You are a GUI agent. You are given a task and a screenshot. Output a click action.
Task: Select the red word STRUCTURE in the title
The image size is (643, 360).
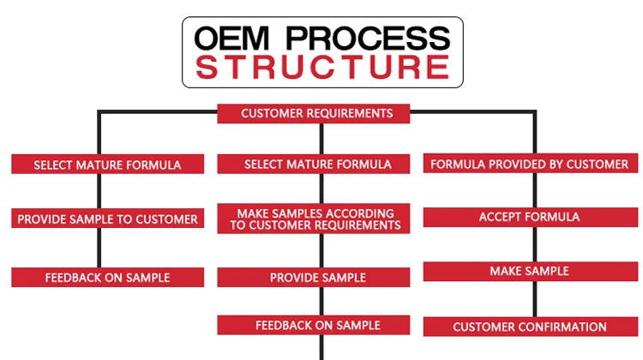coord(322,67)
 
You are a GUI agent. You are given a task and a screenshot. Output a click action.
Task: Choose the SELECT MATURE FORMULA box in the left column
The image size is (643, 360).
coord(108,165)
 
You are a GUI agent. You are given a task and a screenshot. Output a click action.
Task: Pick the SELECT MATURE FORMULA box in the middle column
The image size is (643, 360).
coord(318,165)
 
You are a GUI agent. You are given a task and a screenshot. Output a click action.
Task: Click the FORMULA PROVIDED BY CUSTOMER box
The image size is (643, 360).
coord(530,165)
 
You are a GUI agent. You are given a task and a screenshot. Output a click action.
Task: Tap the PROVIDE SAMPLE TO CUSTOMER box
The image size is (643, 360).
coord(108,219)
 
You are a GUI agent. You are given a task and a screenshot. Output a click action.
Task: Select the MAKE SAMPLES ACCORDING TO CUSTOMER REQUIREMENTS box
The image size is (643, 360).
coord(318,219)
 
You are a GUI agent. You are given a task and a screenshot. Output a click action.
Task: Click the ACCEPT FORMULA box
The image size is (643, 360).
coord(530,218)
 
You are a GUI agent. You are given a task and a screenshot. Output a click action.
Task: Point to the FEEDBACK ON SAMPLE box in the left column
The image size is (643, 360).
coord(108,278)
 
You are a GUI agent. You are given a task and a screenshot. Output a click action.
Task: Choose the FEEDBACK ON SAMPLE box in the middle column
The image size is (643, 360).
coord(318,326)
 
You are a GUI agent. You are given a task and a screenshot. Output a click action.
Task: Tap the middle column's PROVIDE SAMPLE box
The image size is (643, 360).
coord(318,278)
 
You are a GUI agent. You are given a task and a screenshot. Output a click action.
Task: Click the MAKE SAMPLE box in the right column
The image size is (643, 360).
coord(530,272)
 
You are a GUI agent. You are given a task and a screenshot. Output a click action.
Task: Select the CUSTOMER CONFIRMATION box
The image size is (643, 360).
coord(530,327)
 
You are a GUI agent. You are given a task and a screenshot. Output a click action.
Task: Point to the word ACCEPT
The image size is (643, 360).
coord(502,218)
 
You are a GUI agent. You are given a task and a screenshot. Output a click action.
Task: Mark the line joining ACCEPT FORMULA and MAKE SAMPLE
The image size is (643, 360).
coord(536,244)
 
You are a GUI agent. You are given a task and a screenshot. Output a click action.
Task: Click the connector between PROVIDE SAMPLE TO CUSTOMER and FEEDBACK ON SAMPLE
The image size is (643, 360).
coord(99,248)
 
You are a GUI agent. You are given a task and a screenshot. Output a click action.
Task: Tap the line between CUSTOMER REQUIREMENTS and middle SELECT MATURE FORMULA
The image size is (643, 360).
coord(321,139)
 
